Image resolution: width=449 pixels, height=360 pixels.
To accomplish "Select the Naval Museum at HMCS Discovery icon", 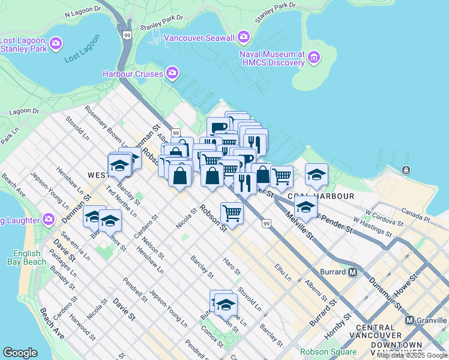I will [314, 58].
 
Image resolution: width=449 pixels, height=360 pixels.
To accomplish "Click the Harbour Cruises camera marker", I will [172, 74].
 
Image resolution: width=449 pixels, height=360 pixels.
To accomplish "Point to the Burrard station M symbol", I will [353, 272].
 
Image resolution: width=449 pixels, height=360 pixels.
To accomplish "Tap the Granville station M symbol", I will [411, 320].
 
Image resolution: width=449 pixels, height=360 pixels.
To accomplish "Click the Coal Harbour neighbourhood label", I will [320, 196].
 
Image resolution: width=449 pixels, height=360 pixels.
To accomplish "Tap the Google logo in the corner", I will [20, 353].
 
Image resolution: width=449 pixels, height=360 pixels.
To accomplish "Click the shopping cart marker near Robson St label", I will [232, 213].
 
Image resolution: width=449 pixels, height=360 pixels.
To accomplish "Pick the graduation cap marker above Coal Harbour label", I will [316, 174].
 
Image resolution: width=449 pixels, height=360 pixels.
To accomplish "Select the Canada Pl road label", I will [416, 214].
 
